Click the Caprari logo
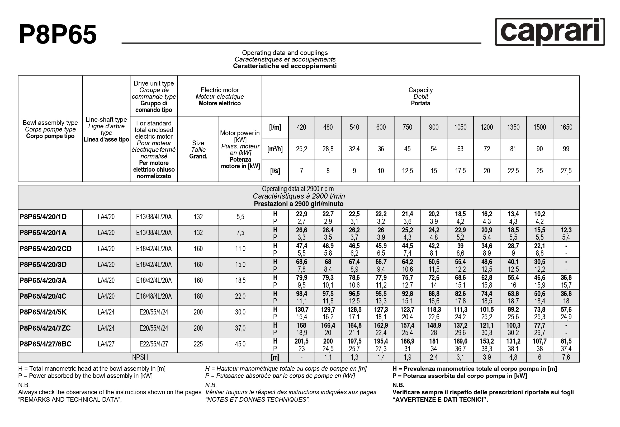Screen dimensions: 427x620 point(550,32)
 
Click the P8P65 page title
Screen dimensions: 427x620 point(58,35)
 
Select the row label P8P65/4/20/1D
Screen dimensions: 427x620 point(43,217)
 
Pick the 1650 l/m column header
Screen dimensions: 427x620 point(566,127)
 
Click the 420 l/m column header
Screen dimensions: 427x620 point(301,127)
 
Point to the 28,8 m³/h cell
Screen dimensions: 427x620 point(328,149)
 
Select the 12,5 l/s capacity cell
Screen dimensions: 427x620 point(407,171)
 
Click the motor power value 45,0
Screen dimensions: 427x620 point(240,344)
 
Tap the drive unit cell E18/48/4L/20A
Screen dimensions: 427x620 point(154,297)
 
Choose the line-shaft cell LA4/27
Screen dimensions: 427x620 point(106,344)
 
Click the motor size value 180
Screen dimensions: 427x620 point(198,297)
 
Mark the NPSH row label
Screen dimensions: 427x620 point(140,358)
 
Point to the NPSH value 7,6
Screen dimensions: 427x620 point(566,358)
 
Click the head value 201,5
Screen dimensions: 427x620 point(301,341)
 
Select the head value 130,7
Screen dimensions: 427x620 point(301,309)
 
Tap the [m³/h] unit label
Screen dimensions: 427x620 point(275,149)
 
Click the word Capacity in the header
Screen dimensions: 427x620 point(420,90)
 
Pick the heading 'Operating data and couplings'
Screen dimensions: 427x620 point(285,53)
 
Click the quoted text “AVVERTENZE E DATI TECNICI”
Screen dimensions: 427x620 point(440,400)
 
